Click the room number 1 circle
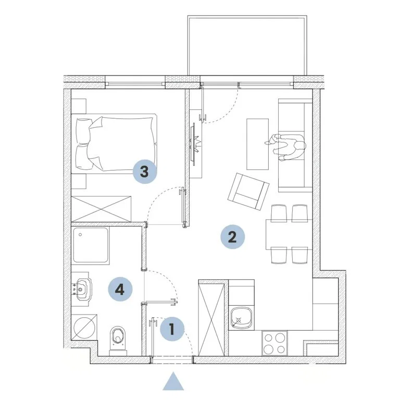pyautogui.click(x=172, y=329)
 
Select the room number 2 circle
pyautogui.click(x=232, y=237)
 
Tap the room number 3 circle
pyautogui.click(x=145, y=171)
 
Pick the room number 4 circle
pyautogui.click(x=120, y=289)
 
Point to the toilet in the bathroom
pyautogui.click(x=118, y=340)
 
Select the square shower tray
pyautogui.click(x=91, y=245)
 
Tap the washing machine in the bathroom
pyautogui.click(x=84, y=327)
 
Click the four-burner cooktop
pyautogui.click(x=274, y=343)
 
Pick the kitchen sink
pyautogui.click(x=241, y=318)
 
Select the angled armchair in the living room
pyautogui.click(x=248, y=191)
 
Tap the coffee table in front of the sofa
pyautogui.click(x=257, y=144)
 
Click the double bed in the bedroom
pyautogui.click(x=114, y=144)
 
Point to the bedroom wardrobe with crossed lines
pyautogui.click(x=101, y=209)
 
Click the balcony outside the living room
pyautogui.click(x=247, y=45)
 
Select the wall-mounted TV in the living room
pyautogui.click(x=194, y=144)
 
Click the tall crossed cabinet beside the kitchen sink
pyautogui.click(x=211, y=318)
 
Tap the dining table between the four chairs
pyautogui.click(x=289, y=234)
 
